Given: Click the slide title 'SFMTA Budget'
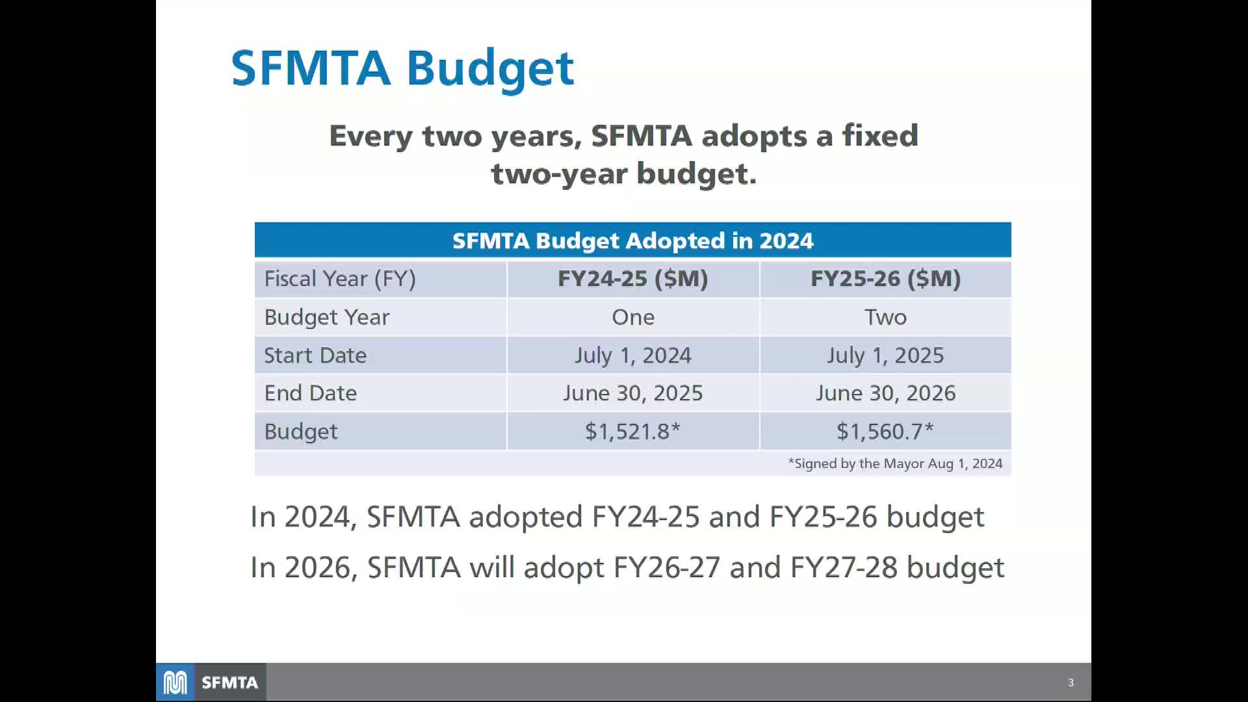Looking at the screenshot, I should (x=402, y=68).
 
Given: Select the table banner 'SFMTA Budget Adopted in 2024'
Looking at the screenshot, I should (x=632, y=240).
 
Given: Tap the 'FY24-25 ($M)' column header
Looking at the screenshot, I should (x=632, y=279).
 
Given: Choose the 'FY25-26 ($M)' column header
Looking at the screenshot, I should (x=885, y=279).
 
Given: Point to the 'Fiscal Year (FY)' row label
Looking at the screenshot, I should (x=339, y=279).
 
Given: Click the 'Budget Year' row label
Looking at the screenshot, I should (x=326, y=317).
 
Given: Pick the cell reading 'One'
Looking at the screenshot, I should (x=632, y=317).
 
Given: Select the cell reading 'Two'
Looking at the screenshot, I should (x=885, y=317).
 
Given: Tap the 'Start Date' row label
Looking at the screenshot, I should (x=315, y=356).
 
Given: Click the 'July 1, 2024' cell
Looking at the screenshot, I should (x=632, y=356).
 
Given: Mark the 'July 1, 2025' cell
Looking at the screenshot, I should (x=885, y=356).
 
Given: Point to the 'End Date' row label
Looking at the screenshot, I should (x=310, y=393).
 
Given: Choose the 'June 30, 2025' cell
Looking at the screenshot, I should (x=632, y=393).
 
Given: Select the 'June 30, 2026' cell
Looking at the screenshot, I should (x=885, y=393).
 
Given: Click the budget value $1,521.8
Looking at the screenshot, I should (x=632, y=432).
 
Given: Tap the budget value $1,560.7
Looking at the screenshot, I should (x=885, y=432).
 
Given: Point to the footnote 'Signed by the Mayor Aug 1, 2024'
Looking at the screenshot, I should (x=895, y=463).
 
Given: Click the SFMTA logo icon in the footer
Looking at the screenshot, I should (x=175, y=682).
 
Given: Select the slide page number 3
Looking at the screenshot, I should (x=1071, y=682).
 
